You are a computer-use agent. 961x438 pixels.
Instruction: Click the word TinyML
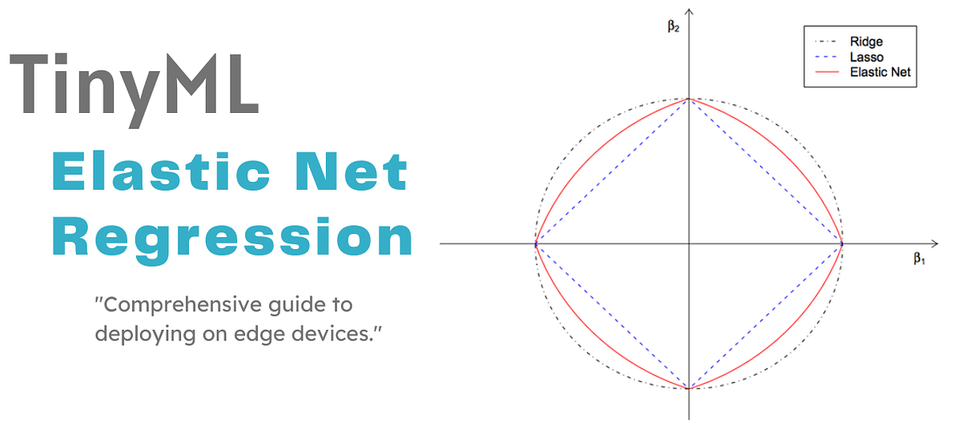click(x=135, y=83)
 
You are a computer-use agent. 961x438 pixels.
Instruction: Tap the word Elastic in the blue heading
click(x=167, y=174)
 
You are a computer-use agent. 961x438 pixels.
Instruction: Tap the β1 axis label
click(x=919, y=259)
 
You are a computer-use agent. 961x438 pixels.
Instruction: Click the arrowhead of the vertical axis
click(x=690, y=12)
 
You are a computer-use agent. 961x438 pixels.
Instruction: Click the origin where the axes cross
click(x=690, y=243)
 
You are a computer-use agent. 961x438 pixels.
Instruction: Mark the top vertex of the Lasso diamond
click(x=690, y=99)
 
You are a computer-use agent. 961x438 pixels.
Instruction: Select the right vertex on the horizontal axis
click(x=842, y=243)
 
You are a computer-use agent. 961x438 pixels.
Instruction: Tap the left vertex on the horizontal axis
click(x=536, y=243)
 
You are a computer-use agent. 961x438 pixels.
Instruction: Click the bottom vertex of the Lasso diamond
click(x=690, y=388)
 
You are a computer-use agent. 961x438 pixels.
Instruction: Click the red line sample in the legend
click(x=828, y=72)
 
